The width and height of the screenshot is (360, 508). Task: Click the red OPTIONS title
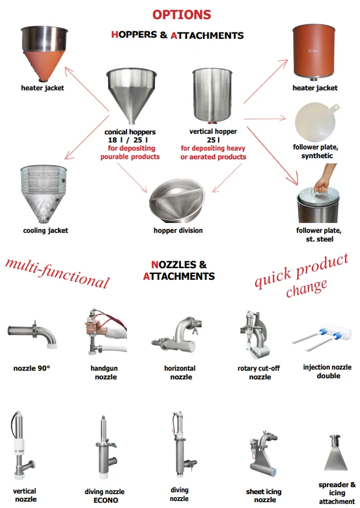click(x=181, y=14)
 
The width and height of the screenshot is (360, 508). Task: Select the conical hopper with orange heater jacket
click(x=45, y=54)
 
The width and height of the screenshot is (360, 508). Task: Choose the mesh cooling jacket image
click(x=44, y=194)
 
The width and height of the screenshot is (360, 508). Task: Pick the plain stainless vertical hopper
click(x=212, y=96)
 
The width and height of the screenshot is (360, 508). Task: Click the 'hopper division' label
click(x=178, y=231)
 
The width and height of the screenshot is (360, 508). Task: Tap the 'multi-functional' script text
click(x=57, y=273)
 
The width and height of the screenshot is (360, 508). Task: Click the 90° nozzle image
click(x=32, y=334)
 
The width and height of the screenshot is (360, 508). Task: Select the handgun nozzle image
click(x=105, y=331)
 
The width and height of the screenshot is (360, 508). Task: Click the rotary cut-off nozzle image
click(x=255, y=335)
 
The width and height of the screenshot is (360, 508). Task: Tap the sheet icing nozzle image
click(x=263, y=453)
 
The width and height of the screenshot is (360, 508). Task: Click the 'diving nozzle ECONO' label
click(x=105, y=496)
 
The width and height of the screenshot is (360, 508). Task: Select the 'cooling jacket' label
click(x=45, y=231)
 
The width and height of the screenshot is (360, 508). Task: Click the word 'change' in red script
click(x=307, y=288)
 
